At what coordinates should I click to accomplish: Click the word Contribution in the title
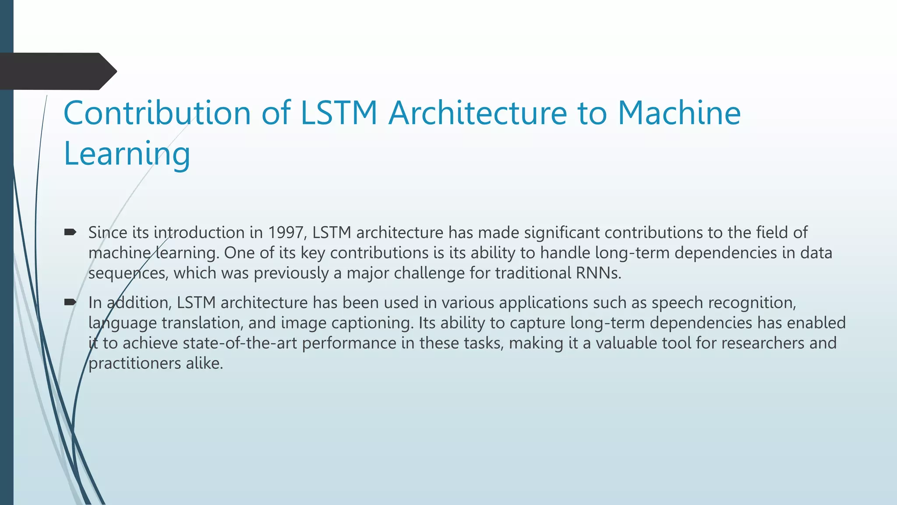coord(157,113)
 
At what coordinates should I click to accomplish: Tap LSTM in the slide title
coord(339,113)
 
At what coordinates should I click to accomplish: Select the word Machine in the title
coord(679,113)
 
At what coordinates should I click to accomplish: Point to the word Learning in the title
coord(127,154)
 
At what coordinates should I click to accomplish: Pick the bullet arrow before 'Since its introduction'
coord(70,232)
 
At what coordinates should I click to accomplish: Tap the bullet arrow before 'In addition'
coord(70,302)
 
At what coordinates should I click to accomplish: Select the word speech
coord(677,302)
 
